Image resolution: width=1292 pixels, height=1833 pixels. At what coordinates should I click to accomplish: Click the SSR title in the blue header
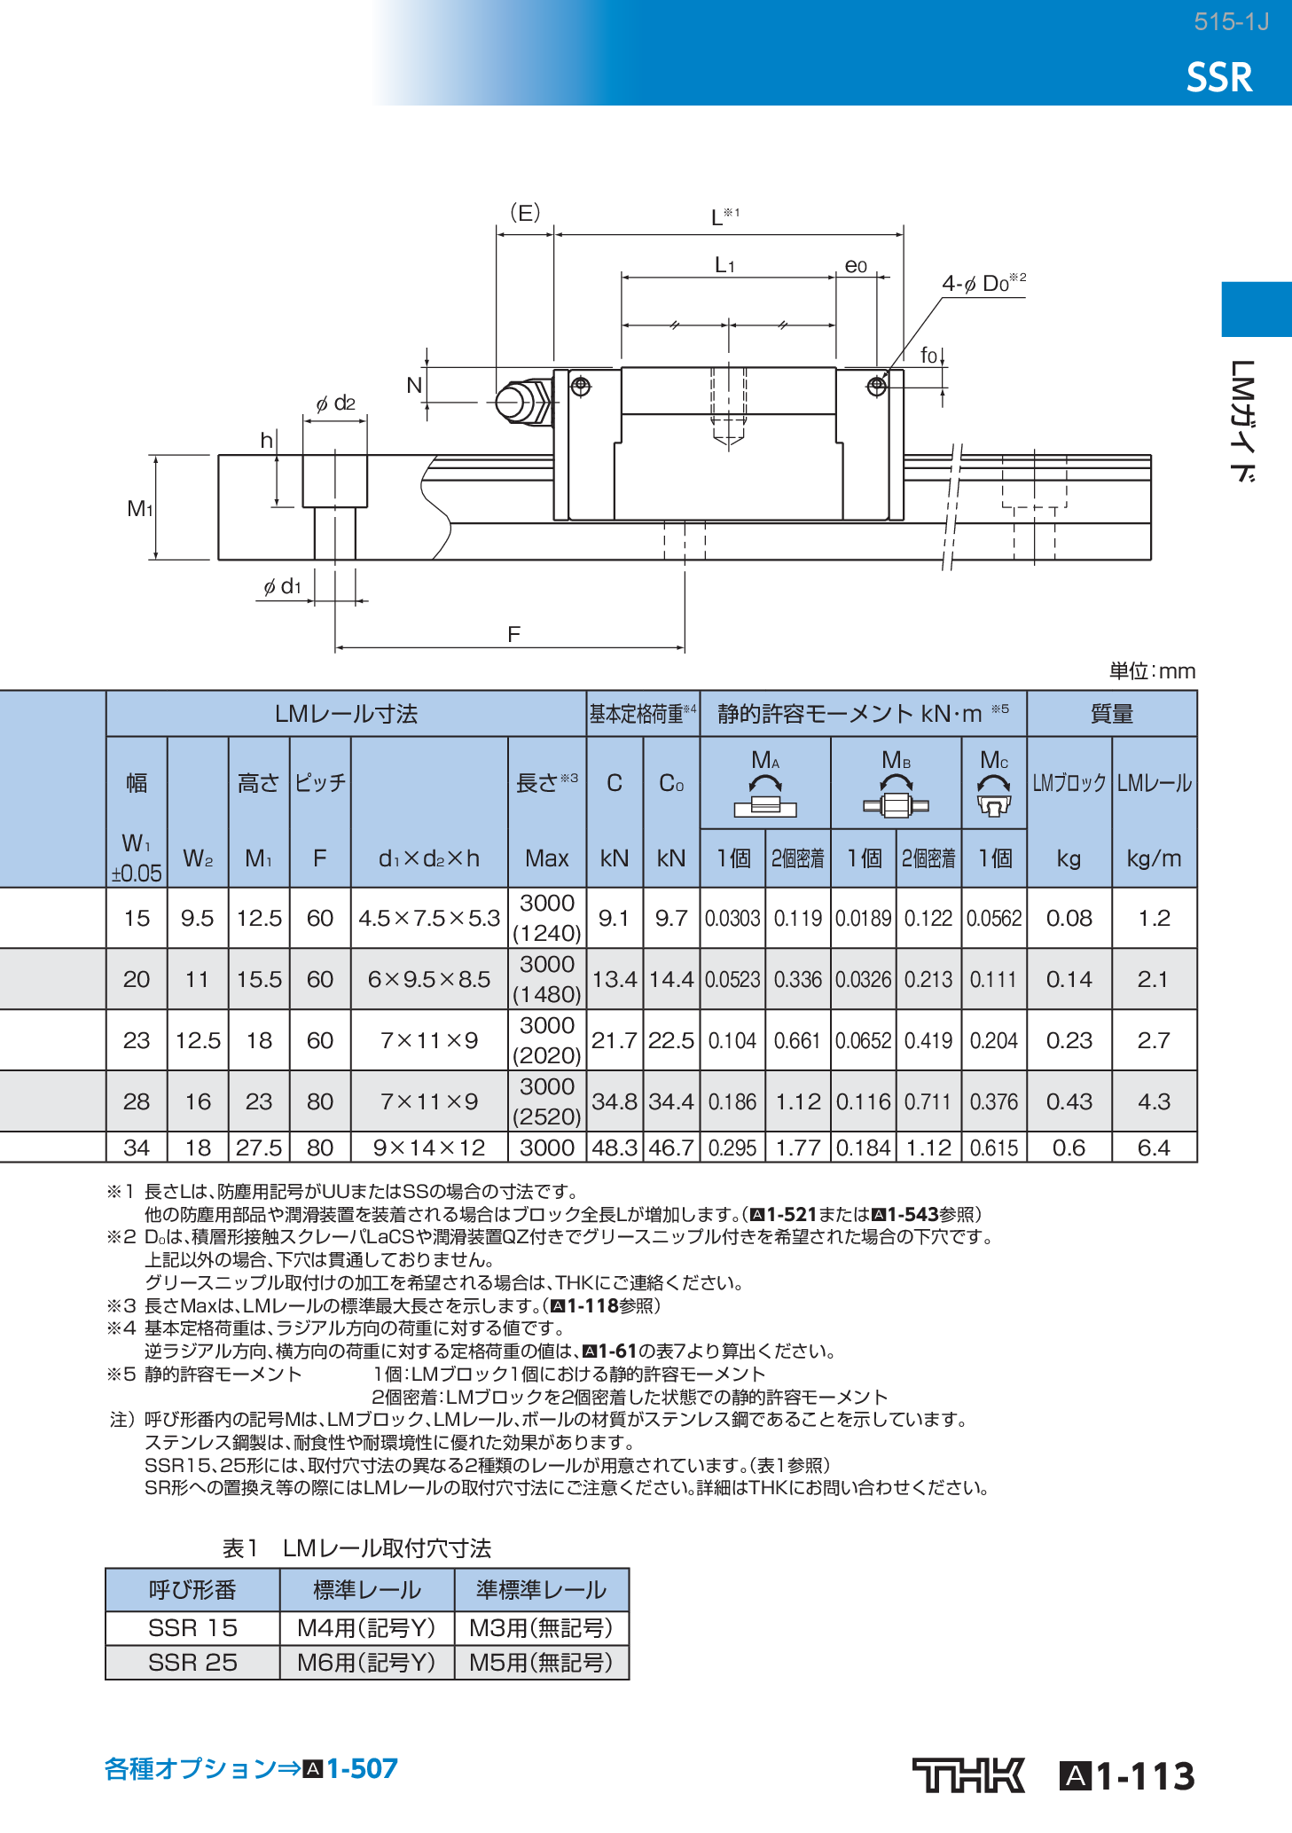1219,78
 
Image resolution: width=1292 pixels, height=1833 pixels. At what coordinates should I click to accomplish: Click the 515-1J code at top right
1231,22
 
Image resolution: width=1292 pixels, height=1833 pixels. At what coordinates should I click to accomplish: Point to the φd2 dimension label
335,403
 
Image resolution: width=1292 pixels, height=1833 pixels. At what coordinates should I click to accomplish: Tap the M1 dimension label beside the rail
139,508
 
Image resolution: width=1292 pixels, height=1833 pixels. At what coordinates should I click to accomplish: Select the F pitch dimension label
513,634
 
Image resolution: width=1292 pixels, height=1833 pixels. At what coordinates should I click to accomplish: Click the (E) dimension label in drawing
525,213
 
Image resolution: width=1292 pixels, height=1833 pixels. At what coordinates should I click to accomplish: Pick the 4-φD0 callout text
983,284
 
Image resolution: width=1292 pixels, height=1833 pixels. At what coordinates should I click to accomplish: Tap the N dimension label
414,386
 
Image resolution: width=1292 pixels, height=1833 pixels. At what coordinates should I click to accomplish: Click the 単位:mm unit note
1152,671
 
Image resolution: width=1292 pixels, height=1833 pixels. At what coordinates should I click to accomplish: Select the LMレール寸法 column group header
346,714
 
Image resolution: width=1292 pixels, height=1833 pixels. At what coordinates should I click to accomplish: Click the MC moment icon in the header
994,795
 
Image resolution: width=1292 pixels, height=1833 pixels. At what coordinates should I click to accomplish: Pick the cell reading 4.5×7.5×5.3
429,919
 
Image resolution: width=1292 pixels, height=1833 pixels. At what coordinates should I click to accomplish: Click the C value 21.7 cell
614,1040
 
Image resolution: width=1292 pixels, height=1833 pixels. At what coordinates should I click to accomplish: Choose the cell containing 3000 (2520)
547,1101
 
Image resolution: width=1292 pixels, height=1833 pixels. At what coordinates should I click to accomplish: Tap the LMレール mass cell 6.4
1154,1148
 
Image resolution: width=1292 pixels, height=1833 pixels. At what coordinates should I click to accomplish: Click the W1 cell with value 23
137,1040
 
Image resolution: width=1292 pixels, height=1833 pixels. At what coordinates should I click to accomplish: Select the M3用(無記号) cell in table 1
541,1628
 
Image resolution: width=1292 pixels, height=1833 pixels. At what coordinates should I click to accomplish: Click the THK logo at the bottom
967,1775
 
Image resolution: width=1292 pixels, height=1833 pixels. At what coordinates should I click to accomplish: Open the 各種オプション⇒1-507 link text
251,1768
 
